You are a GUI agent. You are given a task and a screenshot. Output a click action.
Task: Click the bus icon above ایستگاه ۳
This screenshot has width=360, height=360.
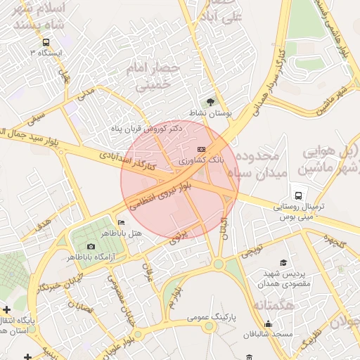pos(46,42)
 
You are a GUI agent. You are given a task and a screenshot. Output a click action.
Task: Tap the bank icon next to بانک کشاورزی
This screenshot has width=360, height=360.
pos(202,150)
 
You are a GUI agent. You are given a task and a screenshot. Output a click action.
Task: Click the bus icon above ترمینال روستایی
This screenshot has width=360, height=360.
pos(300,195)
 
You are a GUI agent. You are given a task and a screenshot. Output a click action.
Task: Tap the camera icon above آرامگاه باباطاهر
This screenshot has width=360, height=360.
pos(91,246)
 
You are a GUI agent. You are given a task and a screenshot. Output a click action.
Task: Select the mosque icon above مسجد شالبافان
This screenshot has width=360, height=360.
pos(268,324)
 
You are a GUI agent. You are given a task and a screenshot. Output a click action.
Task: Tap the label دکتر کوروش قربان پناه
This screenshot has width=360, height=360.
pos(147,129)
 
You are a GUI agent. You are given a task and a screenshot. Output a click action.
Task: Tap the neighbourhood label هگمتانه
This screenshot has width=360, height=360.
pos(269,305)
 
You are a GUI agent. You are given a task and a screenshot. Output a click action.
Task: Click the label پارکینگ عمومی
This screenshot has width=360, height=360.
pos(213,318)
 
